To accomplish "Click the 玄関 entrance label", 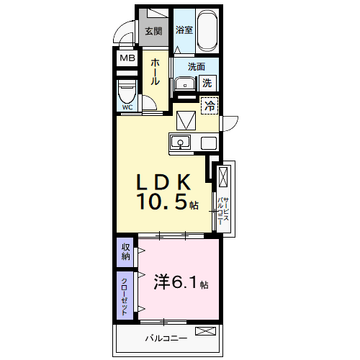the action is point(153,31).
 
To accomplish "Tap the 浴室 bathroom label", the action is point(184,30).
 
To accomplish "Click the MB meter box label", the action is point(127,58).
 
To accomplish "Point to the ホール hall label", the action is point(155,72).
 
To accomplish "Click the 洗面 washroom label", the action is point(197,67).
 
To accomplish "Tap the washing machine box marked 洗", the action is point(207,83).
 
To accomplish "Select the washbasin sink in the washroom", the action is point(185,84).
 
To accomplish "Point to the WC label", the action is point(127,107).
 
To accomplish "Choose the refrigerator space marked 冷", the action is point(210,106).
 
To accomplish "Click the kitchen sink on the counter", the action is point(180,142).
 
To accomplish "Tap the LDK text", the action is point(163,182).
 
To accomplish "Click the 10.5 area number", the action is point(162,202).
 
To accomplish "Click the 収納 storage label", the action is point(125,252).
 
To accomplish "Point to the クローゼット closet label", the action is point(125,297).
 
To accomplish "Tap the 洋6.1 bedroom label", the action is point(181,282).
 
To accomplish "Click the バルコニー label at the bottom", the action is point(166,338).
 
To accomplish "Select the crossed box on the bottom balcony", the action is point(206,331).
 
